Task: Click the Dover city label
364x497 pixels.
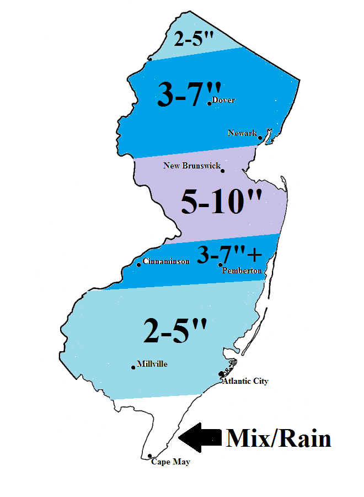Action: (x=223, y=100)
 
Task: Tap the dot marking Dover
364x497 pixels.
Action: (x=209, y=103)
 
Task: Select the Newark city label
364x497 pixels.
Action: (x=242, y=133)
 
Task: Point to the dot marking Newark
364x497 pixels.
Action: (x=260, y=138)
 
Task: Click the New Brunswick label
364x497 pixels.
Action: (x=192, y=165)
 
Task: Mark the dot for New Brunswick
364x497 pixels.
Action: (x=222, y=171)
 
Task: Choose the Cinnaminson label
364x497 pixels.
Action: (x=165, y=261)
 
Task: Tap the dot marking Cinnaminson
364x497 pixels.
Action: (x=138, y=265)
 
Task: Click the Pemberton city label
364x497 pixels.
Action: (x=242, y=271)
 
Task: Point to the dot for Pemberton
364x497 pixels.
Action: (x=220, y=265)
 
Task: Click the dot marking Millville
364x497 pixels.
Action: (x=133, y=367)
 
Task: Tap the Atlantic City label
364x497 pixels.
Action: (x=245, y=381)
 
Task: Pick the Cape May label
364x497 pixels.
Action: (x=170, y=462)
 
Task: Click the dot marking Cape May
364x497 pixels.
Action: (x=150, y=456)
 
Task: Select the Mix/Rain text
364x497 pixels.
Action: (x=279, y=438)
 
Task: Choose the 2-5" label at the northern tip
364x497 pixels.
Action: (x=192, y=39)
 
